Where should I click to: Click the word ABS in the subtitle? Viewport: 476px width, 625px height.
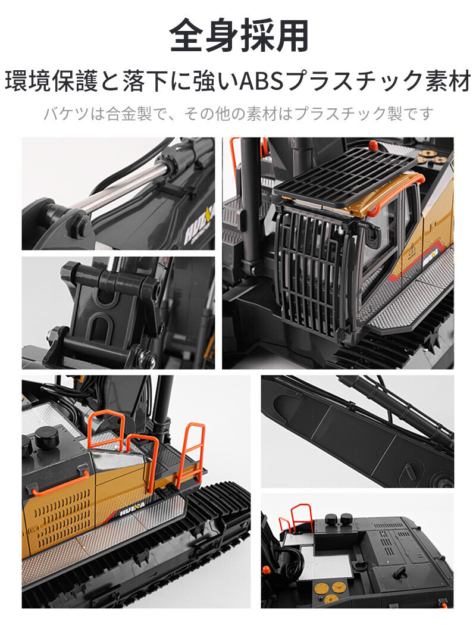click(x=261, y=81)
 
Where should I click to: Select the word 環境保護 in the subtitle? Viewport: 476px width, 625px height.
click(x=51, y=81)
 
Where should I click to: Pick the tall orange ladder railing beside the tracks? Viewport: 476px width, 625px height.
click(x=190, y=454)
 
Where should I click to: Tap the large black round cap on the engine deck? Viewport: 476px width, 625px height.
click(x=46, y=437)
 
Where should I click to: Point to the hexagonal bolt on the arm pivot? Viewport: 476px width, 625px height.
click(x=82, y=229)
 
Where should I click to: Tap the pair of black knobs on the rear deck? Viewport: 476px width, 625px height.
click(x=338, y=520)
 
